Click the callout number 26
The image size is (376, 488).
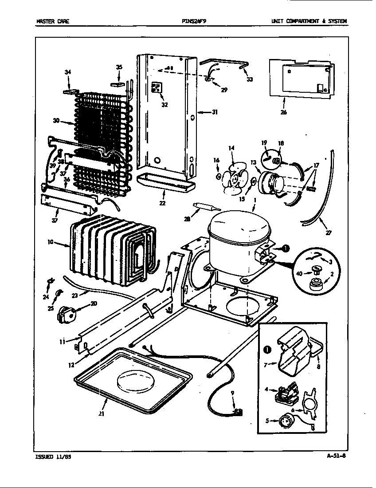point(284,112)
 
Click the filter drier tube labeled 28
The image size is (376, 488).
point(204,207)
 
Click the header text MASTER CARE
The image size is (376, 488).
point(52,21)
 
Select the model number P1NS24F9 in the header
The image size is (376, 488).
point(194,21)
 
